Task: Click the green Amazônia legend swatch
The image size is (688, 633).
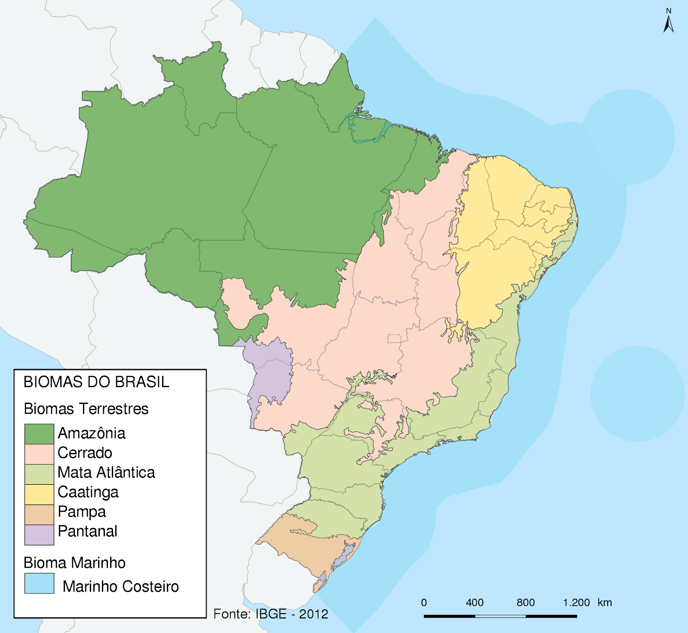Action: tap(39, 434)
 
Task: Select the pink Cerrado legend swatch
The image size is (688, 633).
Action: tap(39, 454)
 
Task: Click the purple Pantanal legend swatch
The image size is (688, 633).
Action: tap(39, 535)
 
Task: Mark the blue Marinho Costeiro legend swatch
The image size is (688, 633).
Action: tap(39, 583)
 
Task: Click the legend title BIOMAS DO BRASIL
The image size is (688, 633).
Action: tap(96, 382)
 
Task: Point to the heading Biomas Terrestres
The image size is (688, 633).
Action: tap(86, 409)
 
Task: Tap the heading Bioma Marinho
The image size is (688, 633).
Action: tap(74, 563)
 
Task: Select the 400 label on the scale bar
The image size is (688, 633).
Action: tap(475, 602)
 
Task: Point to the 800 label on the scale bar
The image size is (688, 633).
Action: tap(525, 602)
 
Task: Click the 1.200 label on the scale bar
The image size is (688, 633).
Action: tap(576, 602)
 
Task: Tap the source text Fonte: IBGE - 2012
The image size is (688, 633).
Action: tap(270, 614)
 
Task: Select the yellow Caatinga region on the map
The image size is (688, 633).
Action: tap(503, 241)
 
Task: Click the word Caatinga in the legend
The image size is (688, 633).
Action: tap(88, 492)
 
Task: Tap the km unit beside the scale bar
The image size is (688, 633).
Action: tap(605, 602)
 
